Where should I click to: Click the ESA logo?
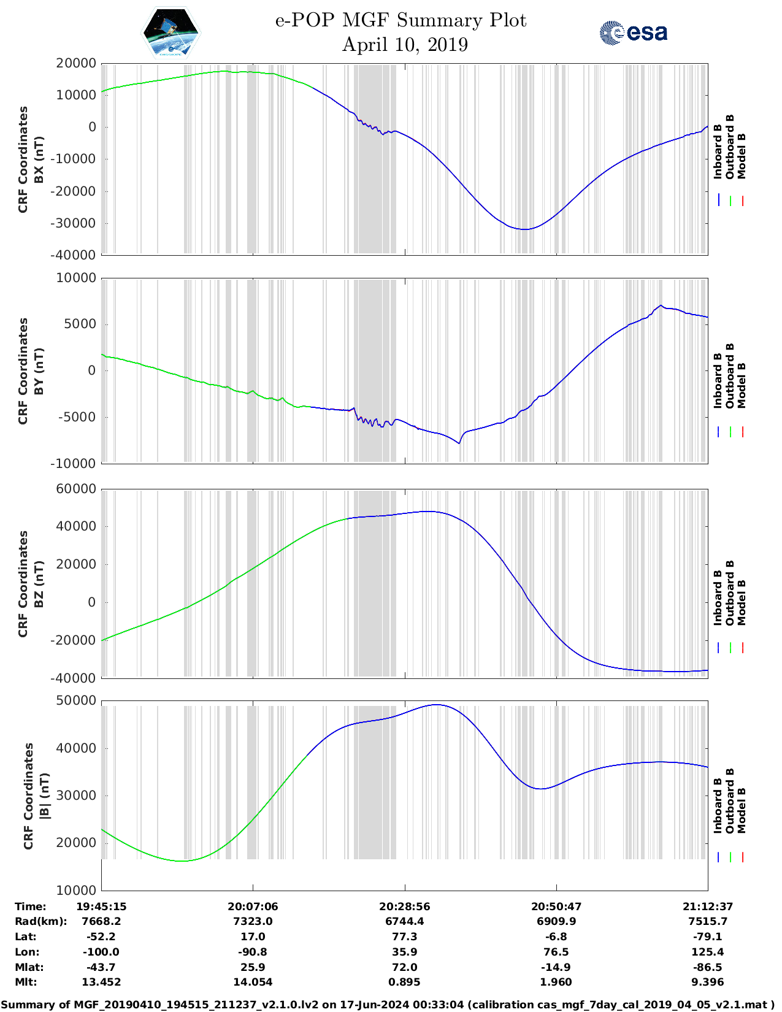tap(634, 33)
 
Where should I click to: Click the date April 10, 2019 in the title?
tap(405, 45)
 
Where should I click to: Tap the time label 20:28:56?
tap(404, 906)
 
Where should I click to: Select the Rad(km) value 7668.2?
tap(101, 921)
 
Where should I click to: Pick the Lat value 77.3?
tap(404, 937)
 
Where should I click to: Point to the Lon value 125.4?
tap(708, 952)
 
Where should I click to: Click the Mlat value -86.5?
tap(708, 967)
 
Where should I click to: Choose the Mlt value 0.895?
tap(404, 982)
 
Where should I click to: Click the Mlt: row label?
tap(26, 982)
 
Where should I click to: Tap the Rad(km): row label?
tap(40, 921)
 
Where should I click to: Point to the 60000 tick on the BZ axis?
tap(76, 489)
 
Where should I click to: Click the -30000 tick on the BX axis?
tap(76, 223)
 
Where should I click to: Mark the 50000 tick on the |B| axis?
tap(76, 700)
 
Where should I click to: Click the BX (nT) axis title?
tap(39, 159)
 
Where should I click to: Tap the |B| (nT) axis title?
tap(44, 796)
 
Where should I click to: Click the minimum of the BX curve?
tap(525, 229)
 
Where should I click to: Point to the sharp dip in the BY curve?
tap(459, 443)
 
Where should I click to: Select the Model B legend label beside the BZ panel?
tap(742, 602)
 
